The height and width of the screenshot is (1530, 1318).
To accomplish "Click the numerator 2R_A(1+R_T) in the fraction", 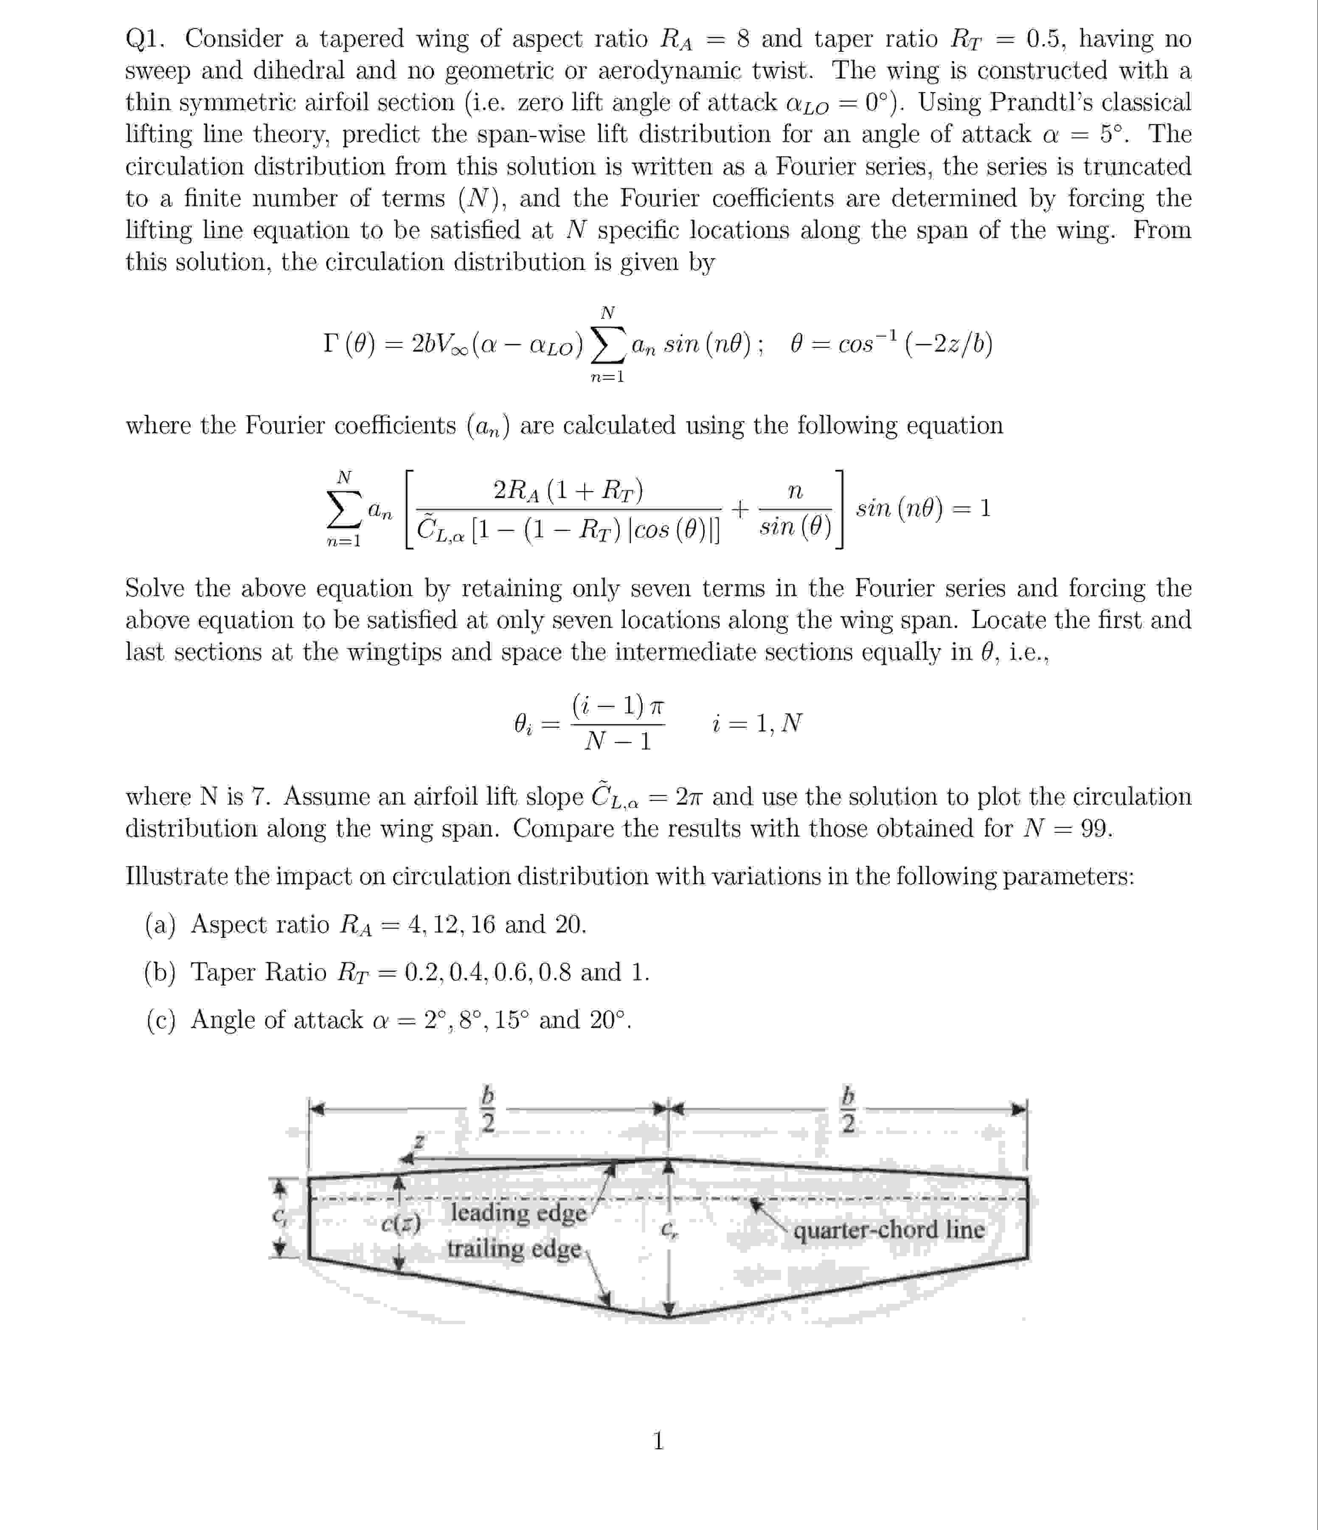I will coord(568,490).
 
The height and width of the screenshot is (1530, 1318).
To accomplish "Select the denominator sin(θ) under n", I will coord(795,527).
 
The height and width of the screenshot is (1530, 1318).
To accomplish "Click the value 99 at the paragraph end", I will coord(1096,828).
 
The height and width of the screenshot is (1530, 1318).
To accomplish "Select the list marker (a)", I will coord(160,924).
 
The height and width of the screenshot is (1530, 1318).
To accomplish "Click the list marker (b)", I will coord(160,972).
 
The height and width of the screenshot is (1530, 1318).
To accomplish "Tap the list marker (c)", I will coord(160,1020).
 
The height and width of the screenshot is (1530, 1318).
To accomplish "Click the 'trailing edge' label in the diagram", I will coord(514,1249).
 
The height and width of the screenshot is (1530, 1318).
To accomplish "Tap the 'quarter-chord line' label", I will coord(889,1230).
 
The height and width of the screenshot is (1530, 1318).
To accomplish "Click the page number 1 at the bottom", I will coord(659,1440).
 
